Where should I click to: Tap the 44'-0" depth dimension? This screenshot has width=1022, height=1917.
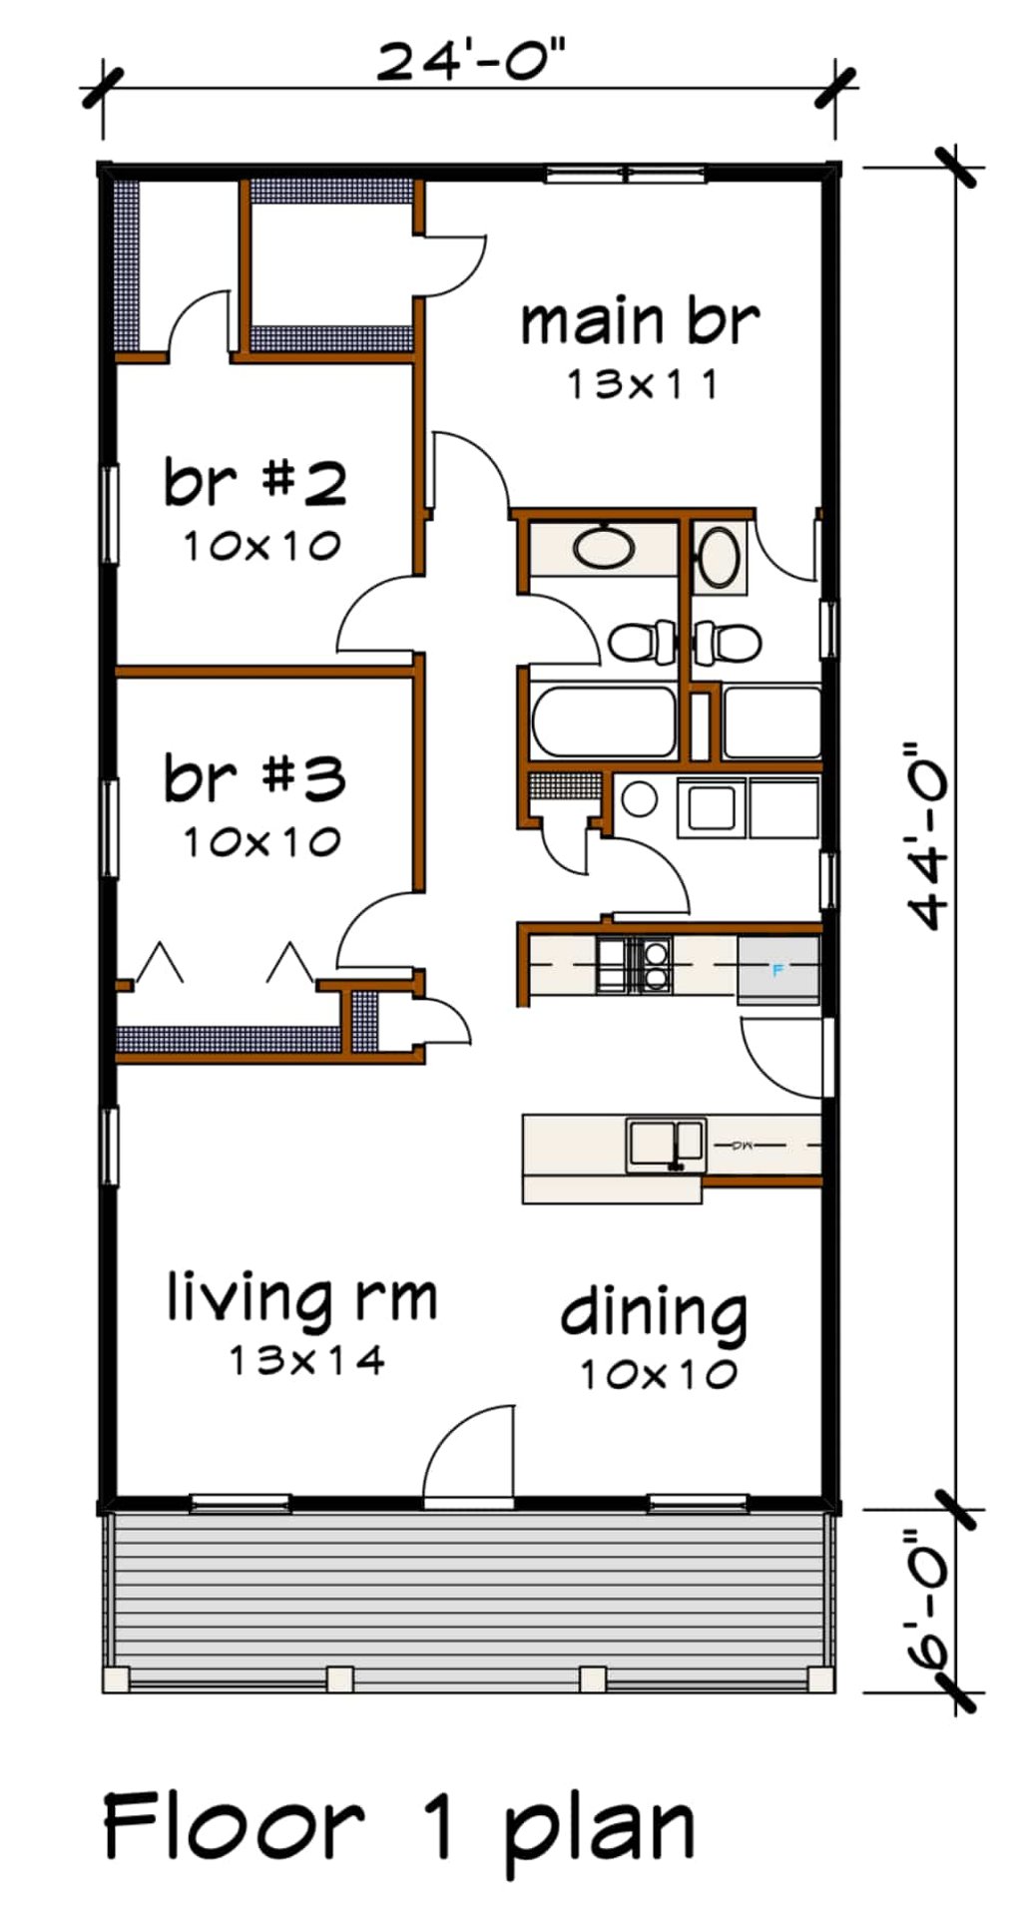927,836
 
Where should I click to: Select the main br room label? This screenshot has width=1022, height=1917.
640,322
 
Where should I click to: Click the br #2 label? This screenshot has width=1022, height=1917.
255,482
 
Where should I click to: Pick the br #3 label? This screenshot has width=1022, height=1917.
255,778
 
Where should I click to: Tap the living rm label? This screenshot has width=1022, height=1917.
301,1297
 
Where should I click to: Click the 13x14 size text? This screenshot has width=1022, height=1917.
306,1359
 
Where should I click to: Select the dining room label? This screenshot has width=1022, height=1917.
654,1312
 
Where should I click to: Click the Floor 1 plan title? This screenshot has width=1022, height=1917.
399,1825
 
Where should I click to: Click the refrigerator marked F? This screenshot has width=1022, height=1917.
778,969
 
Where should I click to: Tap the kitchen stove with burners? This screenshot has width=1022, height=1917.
634,965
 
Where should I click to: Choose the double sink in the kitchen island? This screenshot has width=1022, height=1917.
665,1145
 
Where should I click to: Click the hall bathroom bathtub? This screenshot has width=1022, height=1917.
603,720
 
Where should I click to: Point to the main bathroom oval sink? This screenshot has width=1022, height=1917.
718,558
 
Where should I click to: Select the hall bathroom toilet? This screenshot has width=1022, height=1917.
641,642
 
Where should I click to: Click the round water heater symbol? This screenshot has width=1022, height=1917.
639,798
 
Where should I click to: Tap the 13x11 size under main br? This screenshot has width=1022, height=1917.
642,384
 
